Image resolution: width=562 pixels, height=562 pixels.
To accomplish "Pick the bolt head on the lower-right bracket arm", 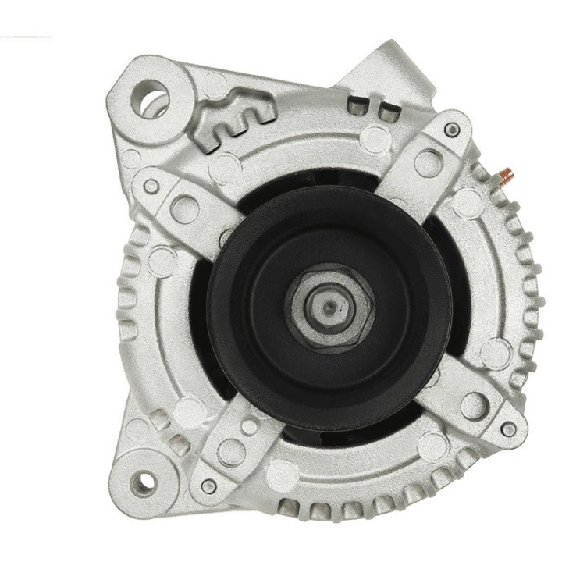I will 508,429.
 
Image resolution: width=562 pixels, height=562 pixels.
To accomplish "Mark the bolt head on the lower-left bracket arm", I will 208,486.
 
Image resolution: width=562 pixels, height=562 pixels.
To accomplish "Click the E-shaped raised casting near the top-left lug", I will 234,117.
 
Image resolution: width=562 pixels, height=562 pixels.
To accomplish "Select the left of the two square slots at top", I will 357,103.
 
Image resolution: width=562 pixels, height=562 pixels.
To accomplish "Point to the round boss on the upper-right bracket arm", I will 427,162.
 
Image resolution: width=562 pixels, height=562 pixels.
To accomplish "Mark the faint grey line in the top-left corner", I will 27,37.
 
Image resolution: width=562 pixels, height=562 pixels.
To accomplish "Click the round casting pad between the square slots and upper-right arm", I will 375,139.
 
